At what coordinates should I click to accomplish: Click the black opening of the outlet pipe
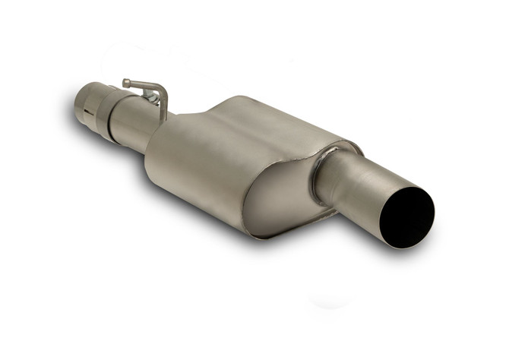[408, 216]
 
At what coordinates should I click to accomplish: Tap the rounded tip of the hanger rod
[126, 82]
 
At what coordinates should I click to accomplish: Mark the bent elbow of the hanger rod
[160, 90]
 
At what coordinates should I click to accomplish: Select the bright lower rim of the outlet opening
[403, 245]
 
